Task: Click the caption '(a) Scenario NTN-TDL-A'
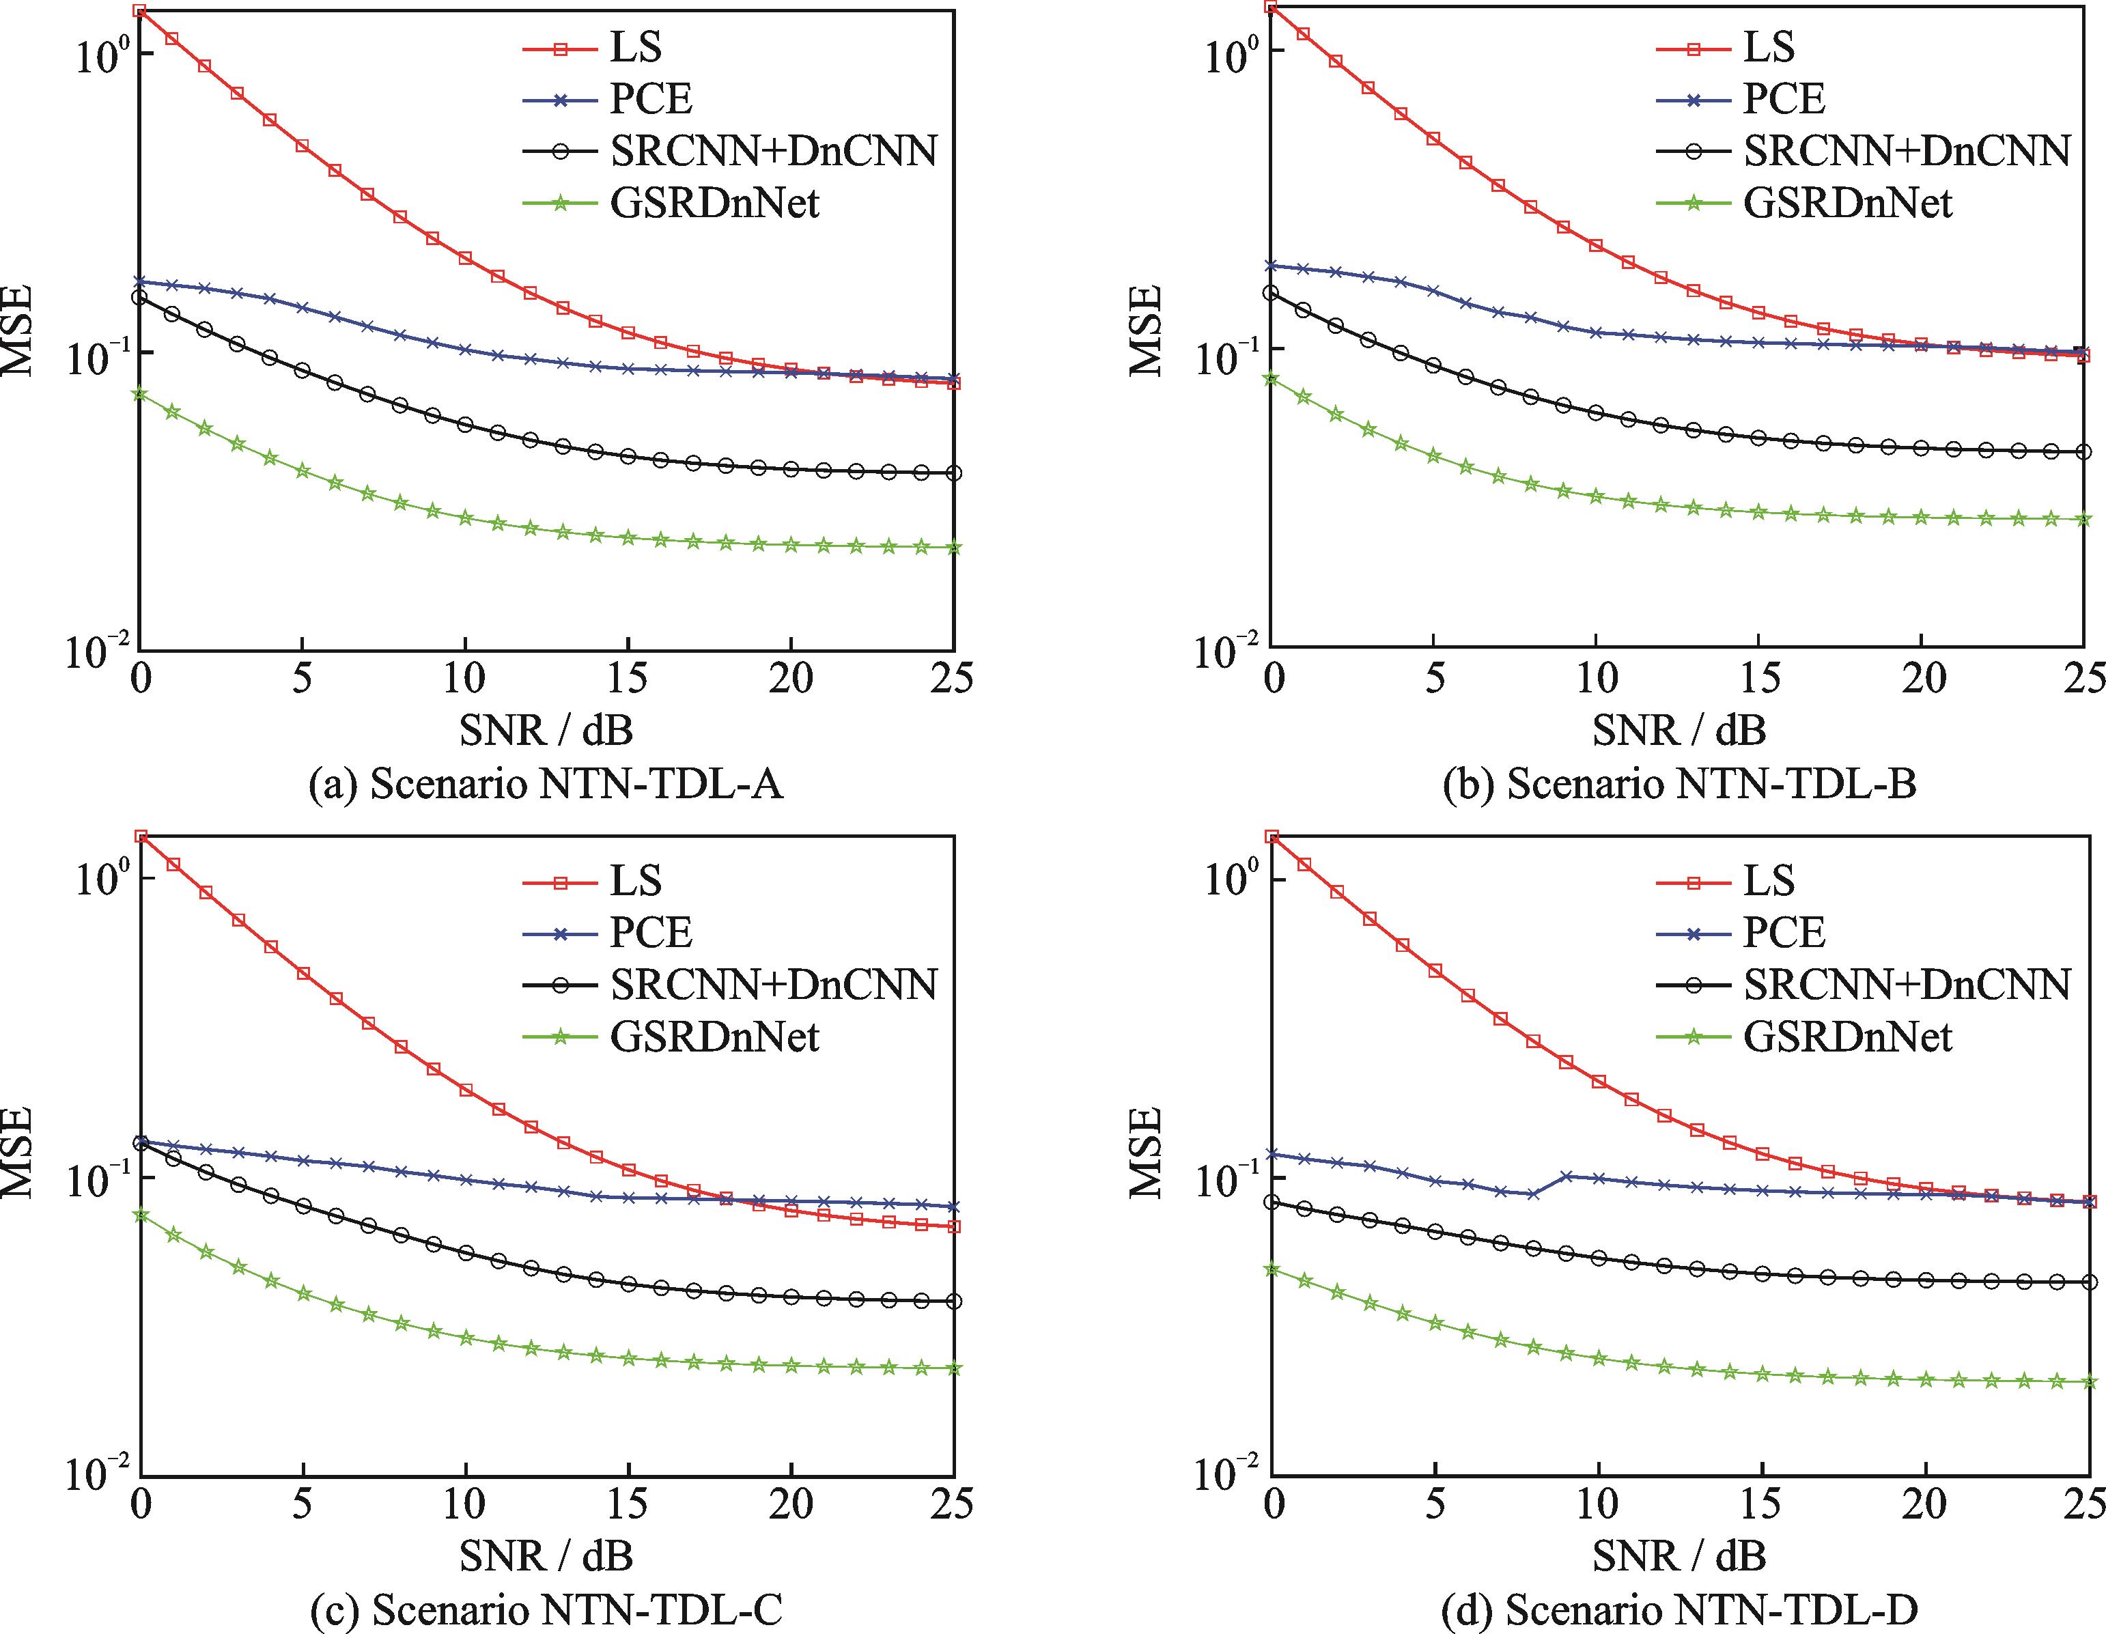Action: tap(546, 784)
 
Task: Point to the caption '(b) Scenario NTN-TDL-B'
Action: tap(1679, 784)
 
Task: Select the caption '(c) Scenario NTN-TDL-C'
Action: tap(546, 1610)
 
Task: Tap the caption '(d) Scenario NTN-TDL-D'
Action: tap(1679, 1610)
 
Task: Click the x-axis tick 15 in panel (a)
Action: tap(628, 679)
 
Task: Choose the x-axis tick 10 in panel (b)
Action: tap(1597, 679)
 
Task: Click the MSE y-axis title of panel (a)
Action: tap(17, 330)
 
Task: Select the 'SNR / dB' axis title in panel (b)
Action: tap(1679, 731)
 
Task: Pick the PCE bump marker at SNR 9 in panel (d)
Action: tap(1566, 1176)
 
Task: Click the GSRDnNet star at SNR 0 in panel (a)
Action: tap(140, 393)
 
